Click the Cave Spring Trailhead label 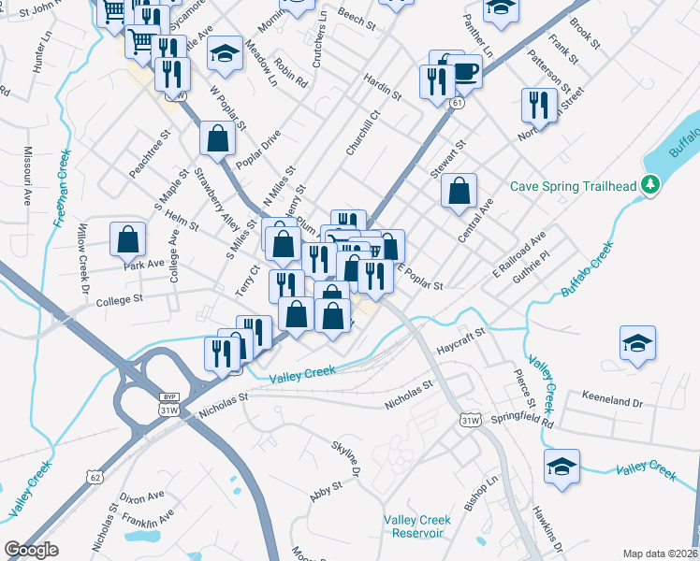(x=575, y=185)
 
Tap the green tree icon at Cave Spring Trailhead (x=651, y=186)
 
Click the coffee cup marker (x=465, y=69)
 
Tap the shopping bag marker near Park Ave (x=127, y=238)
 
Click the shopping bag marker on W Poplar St (x=217, y=138)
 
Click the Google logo (x=32, y=550)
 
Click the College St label (x=118, y=300)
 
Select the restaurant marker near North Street (x=537, y=105)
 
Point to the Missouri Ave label (x=28, y=177)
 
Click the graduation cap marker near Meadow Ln (x=225, y=52)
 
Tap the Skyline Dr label (x=345, y=459)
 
